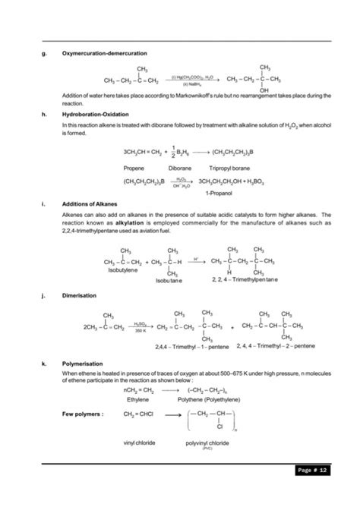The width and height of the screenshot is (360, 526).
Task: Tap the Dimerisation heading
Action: pos(79,294)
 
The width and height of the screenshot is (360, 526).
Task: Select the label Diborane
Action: pos(180,167)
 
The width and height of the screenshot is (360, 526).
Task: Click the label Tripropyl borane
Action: pos(238,167)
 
